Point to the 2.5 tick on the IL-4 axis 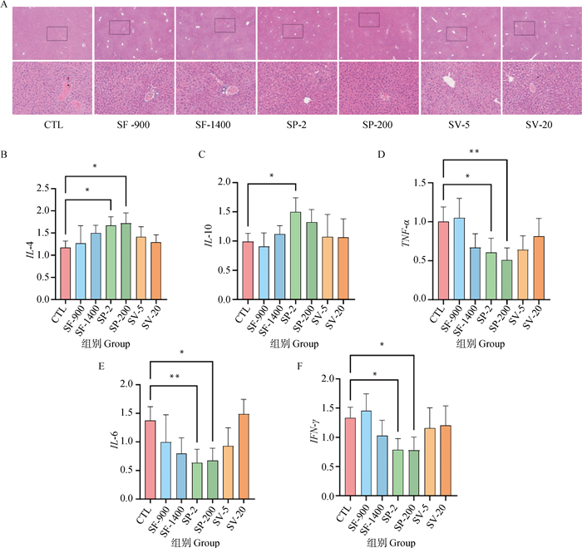click(x=48, y=189)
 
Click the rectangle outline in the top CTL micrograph click(x=57, y=32)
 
